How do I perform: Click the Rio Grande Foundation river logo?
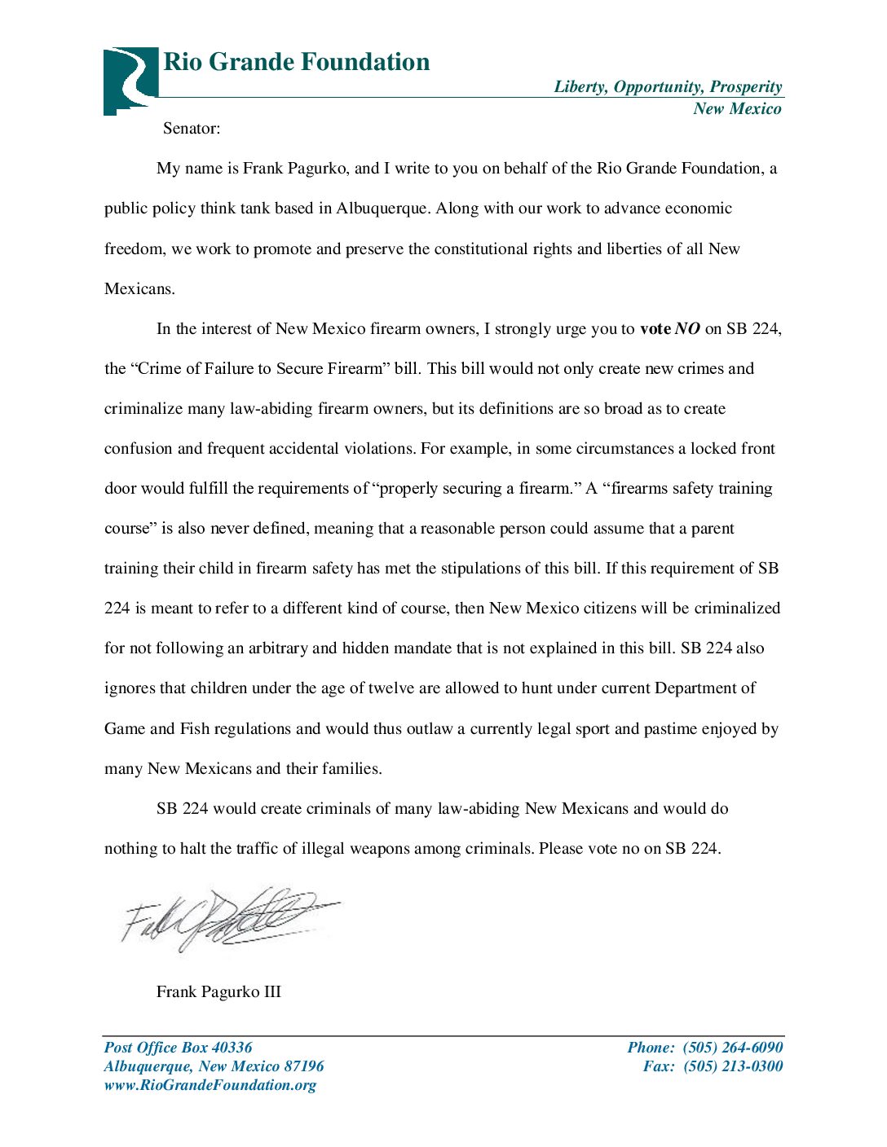click(130, 80)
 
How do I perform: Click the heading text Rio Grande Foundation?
click(296, 62)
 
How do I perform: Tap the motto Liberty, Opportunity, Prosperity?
click(668, 87)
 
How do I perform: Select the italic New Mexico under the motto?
click(737, 109)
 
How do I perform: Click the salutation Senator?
click(192, 129)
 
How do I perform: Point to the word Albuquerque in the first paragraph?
click(382, 209)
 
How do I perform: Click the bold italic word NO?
click(687, 329)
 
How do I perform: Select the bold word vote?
click(655, 329)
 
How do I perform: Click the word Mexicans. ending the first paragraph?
click(139, 289)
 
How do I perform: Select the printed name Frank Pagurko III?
click(218, 992)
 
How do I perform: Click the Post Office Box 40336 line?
click(178, 1048)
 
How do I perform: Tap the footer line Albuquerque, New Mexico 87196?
click(214, 1066)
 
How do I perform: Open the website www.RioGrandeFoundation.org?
click(210, 1085)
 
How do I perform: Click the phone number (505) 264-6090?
click(732, 1048)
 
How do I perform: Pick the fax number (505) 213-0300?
click(732, 1066)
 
